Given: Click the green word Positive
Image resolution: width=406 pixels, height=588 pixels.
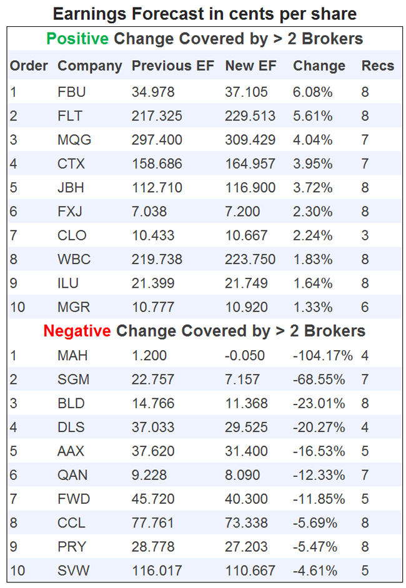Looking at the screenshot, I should click(x=78, y=39).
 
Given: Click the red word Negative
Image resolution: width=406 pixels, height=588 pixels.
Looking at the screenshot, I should click(x=77, y=331).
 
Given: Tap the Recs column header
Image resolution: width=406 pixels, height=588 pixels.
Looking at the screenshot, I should click(x=378, y=66).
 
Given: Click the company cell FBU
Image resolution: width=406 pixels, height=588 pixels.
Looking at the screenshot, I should click(x=71, y=92).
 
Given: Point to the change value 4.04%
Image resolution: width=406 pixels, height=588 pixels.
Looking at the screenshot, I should click(x=312, y=140).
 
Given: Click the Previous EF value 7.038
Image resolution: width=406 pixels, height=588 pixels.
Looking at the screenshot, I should click(x=149, y=212).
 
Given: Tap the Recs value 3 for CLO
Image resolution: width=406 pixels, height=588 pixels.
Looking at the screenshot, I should click(x=365, y=235).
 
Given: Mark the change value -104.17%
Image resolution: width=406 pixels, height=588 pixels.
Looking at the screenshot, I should click(x=322, y=356).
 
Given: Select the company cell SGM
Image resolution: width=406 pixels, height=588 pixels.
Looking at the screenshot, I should click(x=72, y=380).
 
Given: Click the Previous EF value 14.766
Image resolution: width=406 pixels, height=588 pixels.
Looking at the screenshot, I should click(x=153, y=403).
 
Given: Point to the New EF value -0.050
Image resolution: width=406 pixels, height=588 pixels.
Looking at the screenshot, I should click(x=245, y=356).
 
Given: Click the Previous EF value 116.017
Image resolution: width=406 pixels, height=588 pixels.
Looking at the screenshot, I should click(x=157, y=571).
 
